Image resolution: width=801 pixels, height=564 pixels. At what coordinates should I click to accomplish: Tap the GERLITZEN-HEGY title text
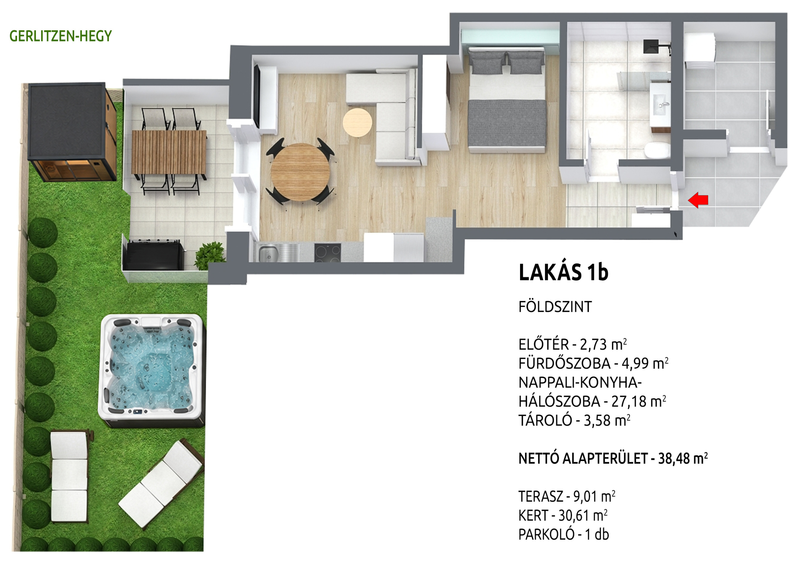61,36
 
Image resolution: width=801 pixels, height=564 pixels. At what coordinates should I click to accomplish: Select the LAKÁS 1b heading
564,272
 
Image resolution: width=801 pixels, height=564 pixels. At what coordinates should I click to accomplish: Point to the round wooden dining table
300,172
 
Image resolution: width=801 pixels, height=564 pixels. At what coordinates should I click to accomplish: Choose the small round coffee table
357,122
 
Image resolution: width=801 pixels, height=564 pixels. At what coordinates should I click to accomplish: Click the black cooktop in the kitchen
328,252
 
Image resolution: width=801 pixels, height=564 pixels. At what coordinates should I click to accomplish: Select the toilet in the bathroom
657,151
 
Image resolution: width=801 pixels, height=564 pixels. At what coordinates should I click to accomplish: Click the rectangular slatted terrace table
169,152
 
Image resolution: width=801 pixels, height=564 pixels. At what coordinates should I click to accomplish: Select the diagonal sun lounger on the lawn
161,483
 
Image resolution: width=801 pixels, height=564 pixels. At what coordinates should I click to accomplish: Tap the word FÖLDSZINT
555,307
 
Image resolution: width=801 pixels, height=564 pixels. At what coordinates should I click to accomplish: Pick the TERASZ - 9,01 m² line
567,496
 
